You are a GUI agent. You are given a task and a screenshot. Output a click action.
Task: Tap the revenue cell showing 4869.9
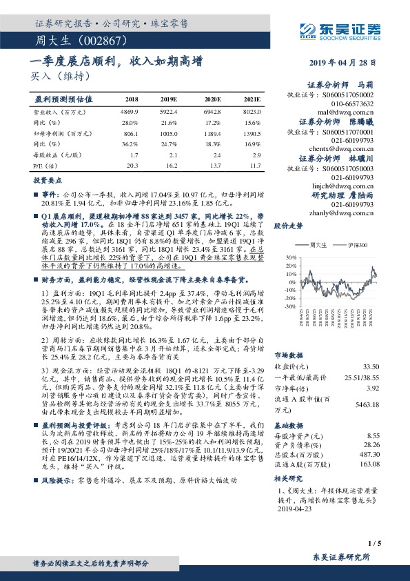(x=131, y=111)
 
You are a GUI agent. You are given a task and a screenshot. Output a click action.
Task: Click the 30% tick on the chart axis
(x=280, y=256)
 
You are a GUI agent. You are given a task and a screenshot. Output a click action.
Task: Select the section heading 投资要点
(x=43, y=179)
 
